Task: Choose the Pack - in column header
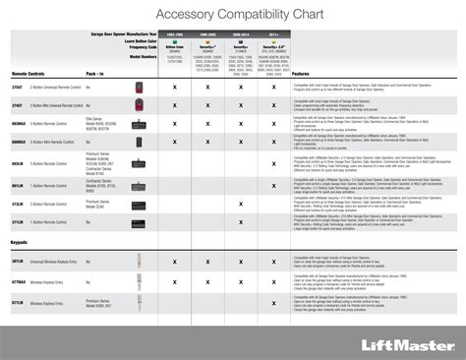[95, 74]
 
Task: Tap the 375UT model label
[19, 88]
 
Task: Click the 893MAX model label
[20, 123]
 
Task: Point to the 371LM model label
[19, 221]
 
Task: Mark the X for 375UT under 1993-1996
[175, 88]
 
